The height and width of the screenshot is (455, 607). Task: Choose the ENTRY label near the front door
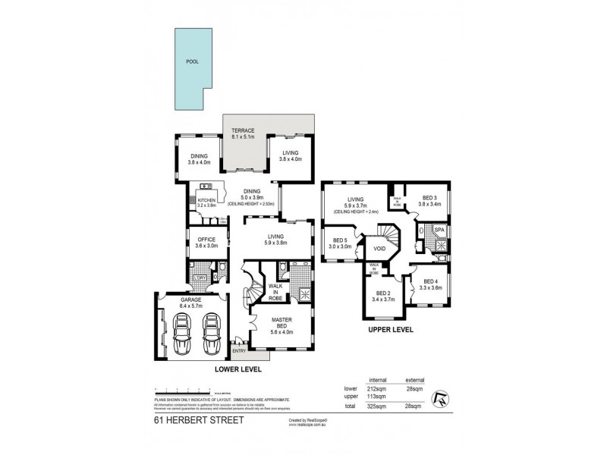pyautogui.click(x=239, y=350)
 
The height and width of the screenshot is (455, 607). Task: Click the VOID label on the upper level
pyautogui.click(x=381, y=247)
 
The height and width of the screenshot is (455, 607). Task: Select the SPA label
pyautogui.click(x=439, y=229)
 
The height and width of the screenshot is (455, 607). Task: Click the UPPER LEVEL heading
pyautogui.click(x=389, y=331)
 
